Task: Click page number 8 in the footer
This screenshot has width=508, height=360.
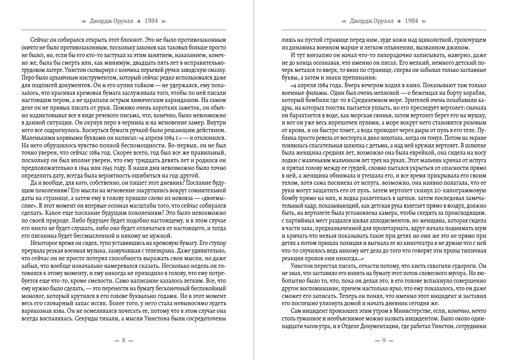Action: click(x=124, y=340)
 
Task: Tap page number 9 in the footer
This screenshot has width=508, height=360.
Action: click(x=384, y=340)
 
